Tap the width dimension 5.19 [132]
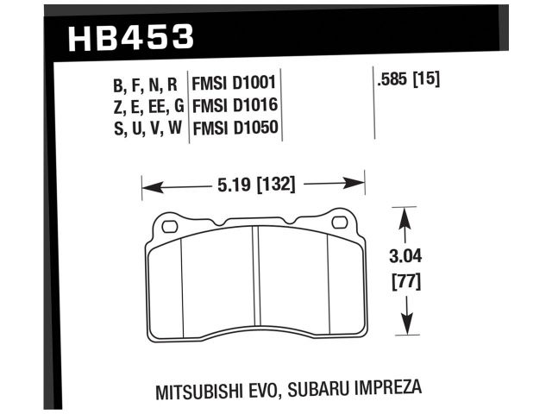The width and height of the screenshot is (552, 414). click(x=254, y=184)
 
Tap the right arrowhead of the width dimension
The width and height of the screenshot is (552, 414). click(x=360, y=184)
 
